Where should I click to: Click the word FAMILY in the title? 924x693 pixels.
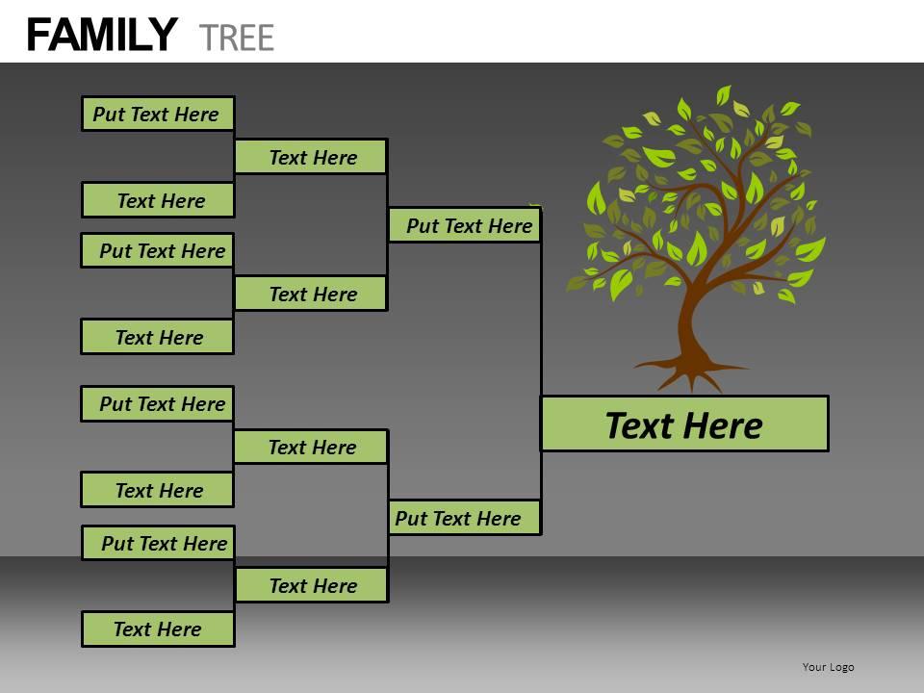point(102,36)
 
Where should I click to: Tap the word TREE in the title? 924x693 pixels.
point(237,37)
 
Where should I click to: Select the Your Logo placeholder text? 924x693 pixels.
point(828,667)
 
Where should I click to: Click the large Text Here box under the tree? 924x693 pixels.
point(683,424)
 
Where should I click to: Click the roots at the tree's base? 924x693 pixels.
point(691,370)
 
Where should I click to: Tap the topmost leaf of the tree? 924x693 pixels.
point(723,94)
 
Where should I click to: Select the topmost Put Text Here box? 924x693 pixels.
point(157,114)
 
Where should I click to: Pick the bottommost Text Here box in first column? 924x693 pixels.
point(157,629)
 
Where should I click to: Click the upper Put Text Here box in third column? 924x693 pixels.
point(464,225)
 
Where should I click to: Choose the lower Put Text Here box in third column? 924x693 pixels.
point(464,518)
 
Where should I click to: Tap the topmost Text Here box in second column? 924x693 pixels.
point(311,157)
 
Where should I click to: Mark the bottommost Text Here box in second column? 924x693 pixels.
point(311,585)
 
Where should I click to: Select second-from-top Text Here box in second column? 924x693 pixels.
point(311,294)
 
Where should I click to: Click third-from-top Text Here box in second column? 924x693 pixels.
point(311,447)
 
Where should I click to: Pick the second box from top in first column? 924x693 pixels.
point(157,200)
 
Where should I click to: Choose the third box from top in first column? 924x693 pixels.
point(157,250)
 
